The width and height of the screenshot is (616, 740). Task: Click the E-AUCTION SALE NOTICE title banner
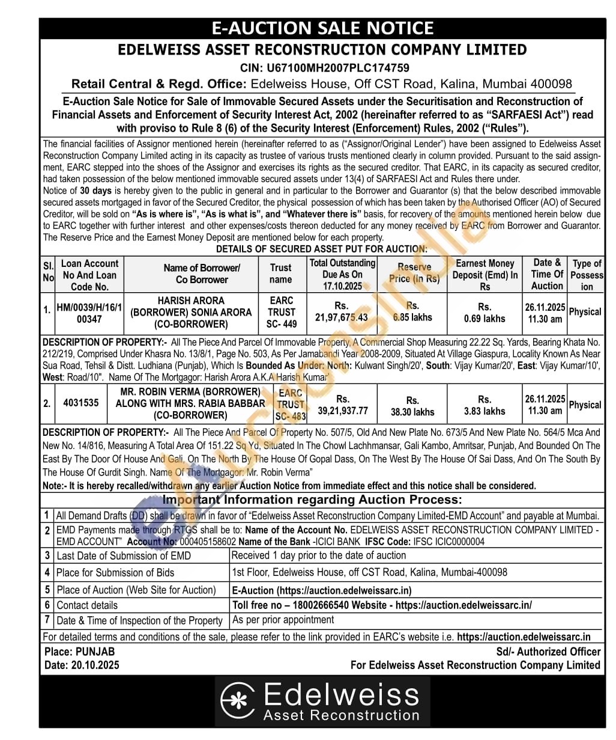tap(322, 28)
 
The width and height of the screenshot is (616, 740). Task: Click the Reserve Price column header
tap(414, 273)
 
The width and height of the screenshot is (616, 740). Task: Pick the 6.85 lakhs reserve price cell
tap(412, 311)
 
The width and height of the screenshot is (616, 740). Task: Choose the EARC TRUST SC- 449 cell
tap(282, 312)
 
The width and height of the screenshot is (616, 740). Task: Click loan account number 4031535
tap(81, 403)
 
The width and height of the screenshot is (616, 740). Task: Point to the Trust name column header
tap(281, 274)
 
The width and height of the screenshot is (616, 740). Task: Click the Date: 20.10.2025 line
tap(82, 665)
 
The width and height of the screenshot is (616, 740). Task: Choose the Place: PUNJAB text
tap(79, 652)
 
